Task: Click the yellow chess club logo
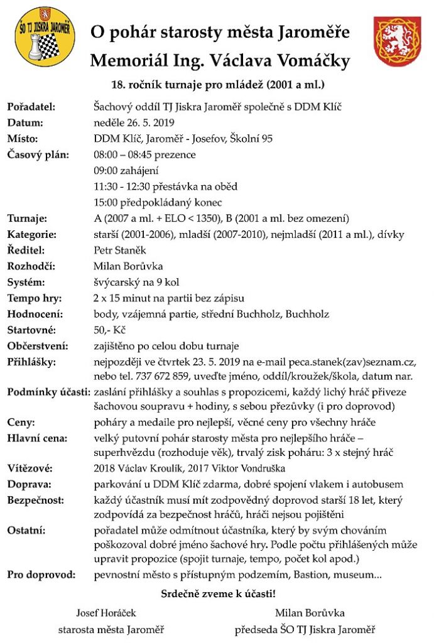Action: click(45, 36)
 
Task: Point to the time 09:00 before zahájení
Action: click(105, 170)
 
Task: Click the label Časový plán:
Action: click(38, 154)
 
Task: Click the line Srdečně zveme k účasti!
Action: click(218, 593)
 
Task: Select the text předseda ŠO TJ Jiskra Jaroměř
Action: click(305, 629)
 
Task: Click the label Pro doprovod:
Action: click(41, 575)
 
